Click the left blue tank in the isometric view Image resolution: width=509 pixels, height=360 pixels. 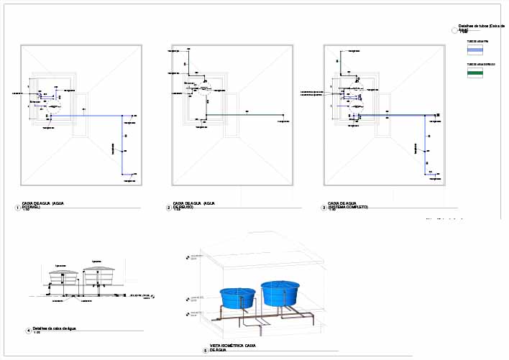(237, 298)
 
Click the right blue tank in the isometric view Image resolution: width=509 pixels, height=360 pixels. (280, 292)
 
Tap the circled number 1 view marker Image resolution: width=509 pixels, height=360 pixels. (17, 208)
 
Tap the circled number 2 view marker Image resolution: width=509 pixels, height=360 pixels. (168, 208)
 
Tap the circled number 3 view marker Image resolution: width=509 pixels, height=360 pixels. (324, 208)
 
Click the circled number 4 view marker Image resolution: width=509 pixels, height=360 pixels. (28, 331)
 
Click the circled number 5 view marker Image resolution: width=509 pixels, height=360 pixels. (205, 350)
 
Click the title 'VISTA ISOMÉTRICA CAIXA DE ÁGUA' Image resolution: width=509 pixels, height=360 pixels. (234, 348)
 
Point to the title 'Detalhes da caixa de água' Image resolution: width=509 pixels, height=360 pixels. (55, 328)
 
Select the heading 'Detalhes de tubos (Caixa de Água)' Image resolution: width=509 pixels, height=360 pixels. (482, 27)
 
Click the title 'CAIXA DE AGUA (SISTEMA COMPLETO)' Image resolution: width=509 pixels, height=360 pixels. (348, 205)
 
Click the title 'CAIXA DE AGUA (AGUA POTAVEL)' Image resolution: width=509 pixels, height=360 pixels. (44, 205)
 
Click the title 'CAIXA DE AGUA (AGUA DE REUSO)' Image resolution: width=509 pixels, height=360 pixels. (191, 205)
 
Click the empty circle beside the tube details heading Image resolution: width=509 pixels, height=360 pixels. (452, 30)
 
